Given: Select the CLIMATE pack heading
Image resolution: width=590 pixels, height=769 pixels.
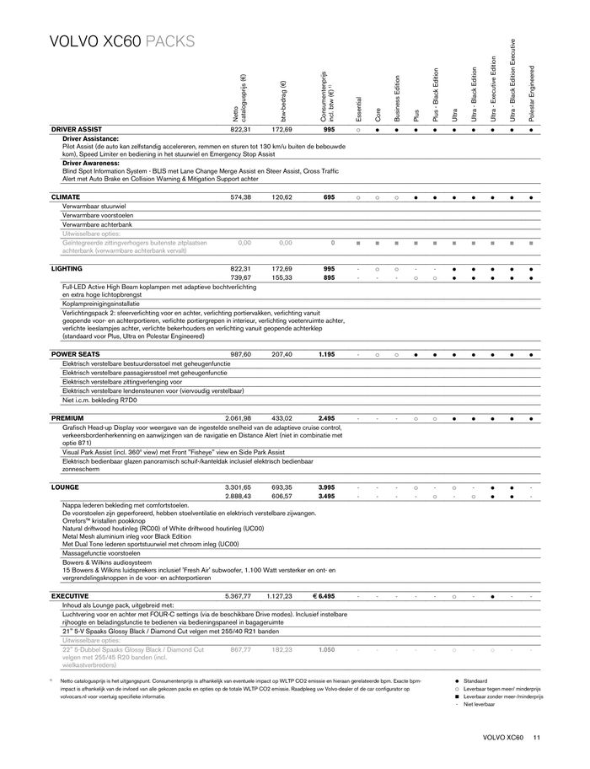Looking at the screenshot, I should coord(66,196).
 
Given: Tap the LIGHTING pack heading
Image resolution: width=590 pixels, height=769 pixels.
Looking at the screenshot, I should coord(67,267).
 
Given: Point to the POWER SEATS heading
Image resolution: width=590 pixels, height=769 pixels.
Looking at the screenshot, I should coord(76,354).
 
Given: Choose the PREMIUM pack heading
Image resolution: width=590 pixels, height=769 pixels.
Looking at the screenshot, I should coord(67,417).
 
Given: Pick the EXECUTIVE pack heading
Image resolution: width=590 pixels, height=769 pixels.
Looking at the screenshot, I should coord(70,595).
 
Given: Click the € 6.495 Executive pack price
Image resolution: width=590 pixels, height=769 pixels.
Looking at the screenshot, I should coord(324,595).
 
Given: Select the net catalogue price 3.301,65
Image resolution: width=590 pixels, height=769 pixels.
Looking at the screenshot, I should coord(239,487).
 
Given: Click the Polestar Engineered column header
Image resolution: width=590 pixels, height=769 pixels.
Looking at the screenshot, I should coord(532,95).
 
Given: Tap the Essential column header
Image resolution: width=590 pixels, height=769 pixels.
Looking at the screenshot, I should coord(358,106).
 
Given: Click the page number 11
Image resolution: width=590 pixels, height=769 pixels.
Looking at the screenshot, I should coord(536,739).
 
